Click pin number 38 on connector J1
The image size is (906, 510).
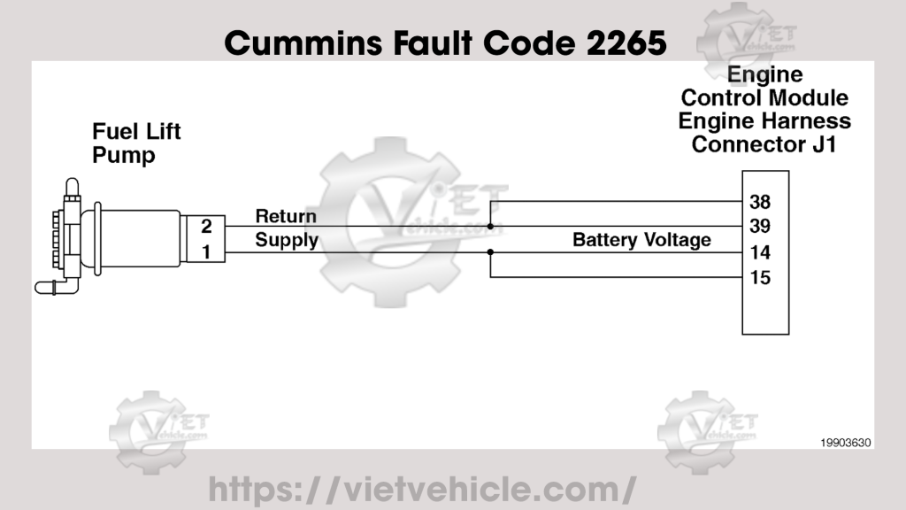coord(759,201)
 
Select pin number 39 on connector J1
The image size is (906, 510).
coord(759,227)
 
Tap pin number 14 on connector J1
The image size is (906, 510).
coord(759,252)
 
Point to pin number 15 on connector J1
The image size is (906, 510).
coord(759,278)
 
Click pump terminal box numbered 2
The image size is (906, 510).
coord(205,227)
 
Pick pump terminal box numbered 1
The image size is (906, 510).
coord(205,252)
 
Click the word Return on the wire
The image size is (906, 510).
coord(285,217)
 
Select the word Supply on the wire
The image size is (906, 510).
coord(287,240)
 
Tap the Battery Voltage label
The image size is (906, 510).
coord(641,240)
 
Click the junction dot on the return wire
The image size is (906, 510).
coord(490,227)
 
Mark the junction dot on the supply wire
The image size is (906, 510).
coord(490,252)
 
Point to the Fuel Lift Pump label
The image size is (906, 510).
coord(136,143)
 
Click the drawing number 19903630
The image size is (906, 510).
coord(846,439)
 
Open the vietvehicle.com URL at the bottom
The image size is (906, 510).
coord(421,488)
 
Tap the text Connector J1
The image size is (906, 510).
coord(764,144)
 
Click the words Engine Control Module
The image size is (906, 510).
coord(764,98)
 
